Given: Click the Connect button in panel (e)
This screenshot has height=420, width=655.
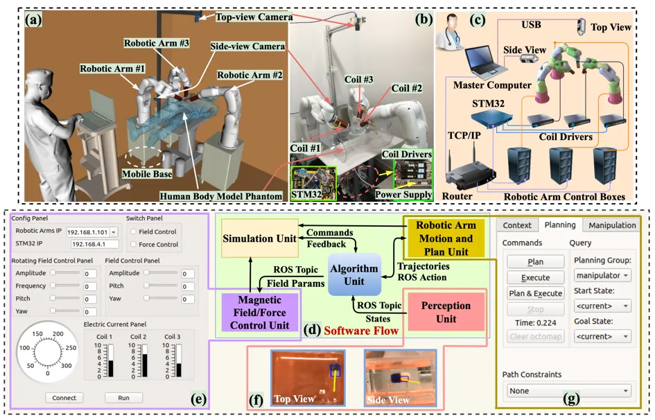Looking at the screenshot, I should (64, 398).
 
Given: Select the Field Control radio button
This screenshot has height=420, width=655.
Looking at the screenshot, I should (134, 231).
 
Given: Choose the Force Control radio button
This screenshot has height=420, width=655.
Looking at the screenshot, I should (134, 244).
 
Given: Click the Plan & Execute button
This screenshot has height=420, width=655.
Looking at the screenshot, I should (534, 294).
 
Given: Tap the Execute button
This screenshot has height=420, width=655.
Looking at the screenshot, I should (534, 278).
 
